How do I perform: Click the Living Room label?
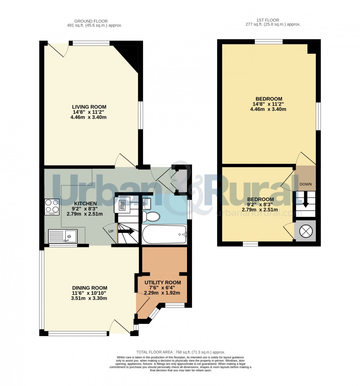[x=89, y=107]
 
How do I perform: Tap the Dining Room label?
[x=90, y=288]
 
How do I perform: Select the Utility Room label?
[x=163, y=282]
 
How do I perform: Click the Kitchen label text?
[x=85, y=203]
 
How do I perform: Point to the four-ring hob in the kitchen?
[x=52, y=207]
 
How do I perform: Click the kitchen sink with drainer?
[x=63, y=236]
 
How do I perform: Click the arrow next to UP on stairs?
[x=126, y=232]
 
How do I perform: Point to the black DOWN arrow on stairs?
[x=306, y=200]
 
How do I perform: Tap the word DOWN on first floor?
[x=306, y=184]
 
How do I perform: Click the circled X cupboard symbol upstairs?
[x=305, y=231]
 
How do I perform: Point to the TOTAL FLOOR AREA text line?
[x=180, y=352]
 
